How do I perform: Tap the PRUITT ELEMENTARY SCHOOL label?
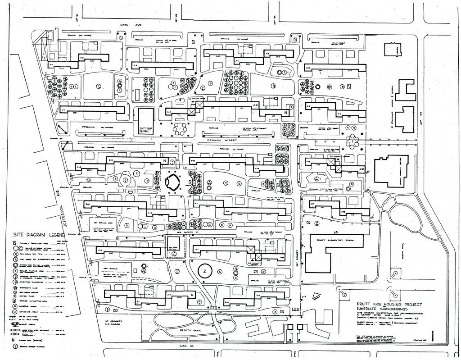tap(335, 241)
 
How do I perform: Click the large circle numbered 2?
tap(204, 270)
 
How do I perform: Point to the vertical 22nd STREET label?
tap(298, 253)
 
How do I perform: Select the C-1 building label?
tap(63, 109)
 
